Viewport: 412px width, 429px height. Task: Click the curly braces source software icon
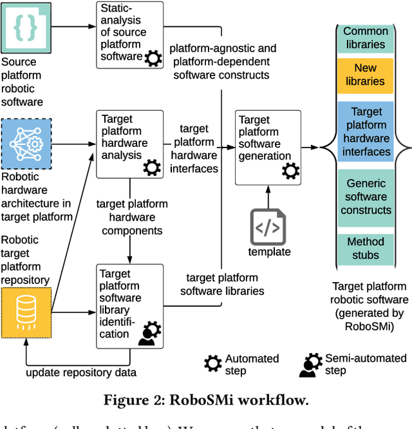26,27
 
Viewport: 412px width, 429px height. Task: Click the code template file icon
268,227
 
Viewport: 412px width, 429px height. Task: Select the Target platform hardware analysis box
129,144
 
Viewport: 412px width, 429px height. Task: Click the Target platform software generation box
268,146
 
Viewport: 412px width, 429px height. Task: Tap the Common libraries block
365,38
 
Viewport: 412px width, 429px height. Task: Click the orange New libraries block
365,75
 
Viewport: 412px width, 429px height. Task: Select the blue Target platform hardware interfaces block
365,131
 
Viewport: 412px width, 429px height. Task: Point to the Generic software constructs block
365,196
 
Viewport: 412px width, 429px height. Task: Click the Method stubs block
365,249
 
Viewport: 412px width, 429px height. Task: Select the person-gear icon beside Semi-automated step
311,365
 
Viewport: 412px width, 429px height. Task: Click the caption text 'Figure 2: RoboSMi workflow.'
205,399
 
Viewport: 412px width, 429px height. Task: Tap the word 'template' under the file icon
270,251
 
